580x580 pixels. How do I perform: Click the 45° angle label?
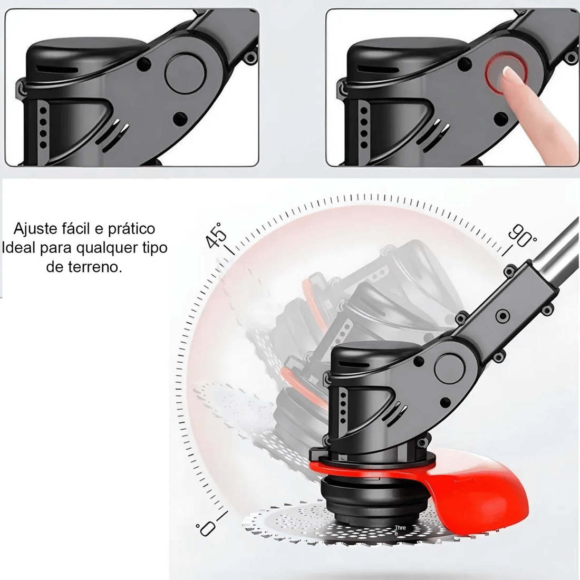click(x=216, y=234)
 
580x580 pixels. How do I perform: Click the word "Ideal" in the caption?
click(x=20, y=248)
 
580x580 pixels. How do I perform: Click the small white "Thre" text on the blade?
click(x=400, y=528)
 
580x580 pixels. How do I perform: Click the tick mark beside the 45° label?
click(x=229, y=248)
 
